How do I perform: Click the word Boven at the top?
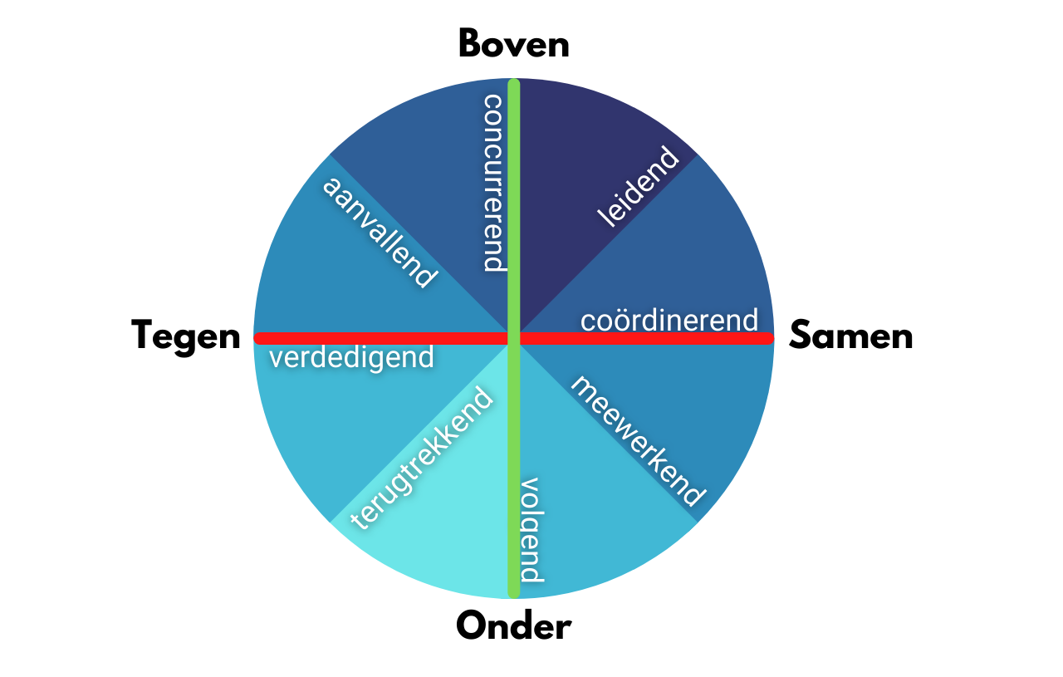513,44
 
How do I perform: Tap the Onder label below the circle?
513,625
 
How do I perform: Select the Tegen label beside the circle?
185,336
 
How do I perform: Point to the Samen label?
850,336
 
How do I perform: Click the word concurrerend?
493,183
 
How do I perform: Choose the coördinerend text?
669,320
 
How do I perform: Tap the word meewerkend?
637,440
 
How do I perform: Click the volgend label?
530,530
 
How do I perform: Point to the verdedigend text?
351,357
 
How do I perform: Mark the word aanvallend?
379,232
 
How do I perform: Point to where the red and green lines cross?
513,338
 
